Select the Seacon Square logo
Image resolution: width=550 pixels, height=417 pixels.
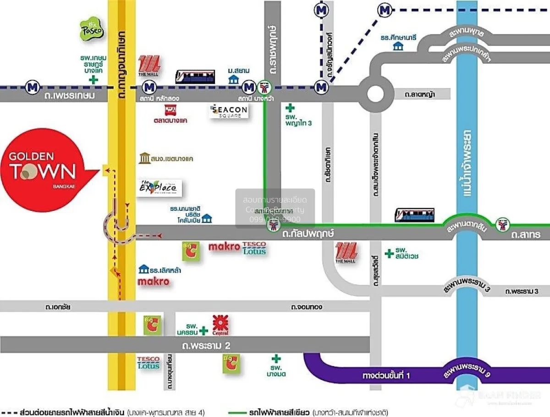229,111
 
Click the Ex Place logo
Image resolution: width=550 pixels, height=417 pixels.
159,188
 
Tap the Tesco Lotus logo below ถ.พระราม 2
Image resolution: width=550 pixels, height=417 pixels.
148,363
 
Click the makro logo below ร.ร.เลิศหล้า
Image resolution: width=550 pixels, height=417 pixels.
154,281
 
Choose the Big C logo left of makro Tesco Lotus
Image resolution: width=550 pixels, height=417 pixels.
191,252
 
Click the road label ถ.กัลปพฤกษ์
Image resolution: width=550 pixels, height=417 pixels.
308,234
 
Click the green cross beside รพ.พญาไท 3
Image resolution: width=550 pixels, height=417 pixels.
290,108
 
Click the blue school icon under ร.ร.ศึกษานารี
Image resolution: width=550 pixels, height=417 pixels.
398,46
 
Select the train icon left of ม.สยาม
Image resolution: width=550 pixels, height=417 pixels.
195,77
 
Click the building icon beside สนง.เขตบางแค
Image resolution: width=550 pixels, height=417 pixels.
144,159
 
